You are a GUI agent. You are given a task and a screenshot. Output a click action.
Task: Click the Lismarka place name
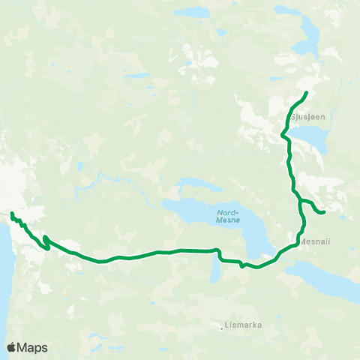click(244, 326)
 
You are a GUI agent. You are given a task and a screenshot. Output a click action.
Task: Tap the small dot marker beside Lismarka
click(224, 326)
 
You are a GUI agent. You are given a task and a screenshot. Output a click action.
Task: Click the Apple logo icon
click(11, 347)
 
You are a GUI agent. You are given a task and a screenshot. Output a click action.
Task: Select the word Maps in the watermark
click(33, 347)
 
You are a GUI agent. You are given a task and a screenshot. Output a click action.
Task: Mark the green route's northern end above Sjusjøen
click(307, 92)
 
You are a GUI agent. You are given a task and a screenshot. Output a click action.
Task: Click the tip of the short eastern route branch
click(322, 212)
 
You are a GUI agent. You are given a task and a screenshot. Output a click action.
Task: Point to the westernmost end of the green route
click(11, 214)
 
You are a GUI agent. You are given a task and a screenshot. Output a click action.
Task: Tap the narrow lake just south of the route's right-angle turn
click(215, 271)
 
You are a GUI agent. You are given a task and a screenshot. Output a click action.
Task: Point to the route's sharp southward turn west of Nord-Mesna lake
click(218, 250)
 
